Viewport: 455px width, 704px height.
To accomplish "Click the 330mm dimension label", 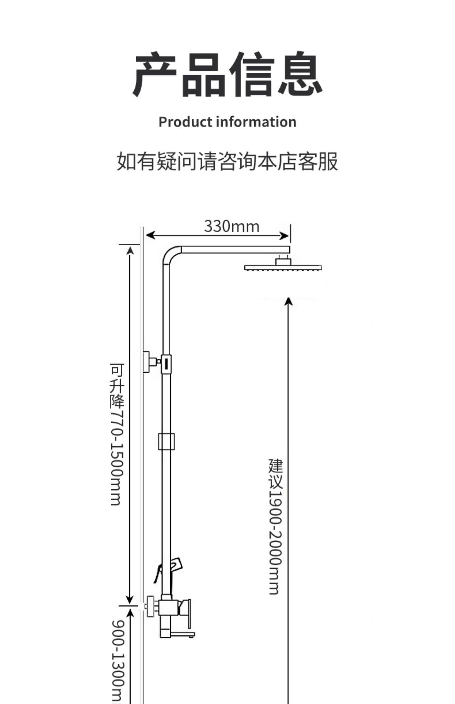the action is click(x=232, y=226).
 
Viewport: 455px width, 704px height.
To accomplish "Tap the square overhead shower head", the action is click(x=283, y=267).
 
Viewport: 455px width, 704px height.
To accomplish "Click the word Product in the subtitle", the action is click(x=185, y=122).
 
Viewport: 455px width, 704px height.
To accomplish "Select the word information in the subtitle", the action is click(x=256, y=122).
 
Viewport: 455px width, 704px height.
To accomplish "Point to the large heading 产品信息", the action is click(x=227, y=74).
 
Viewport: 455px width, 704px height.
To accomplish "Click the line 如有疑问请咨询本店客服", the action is click(x=227, y=161).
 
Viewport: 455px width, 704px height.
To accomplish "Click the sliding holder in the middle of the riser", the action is click(x=166, y=441).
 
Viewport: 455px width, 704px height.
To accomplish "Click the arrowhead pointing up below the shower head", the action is click(x=288, y=301).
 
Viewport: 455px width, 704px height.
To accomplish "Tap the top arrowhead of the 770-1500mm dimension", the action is click(x=130, y=251).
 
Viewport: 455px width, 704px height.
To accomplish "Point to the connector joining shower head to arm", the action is click(x=283, y=260).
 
